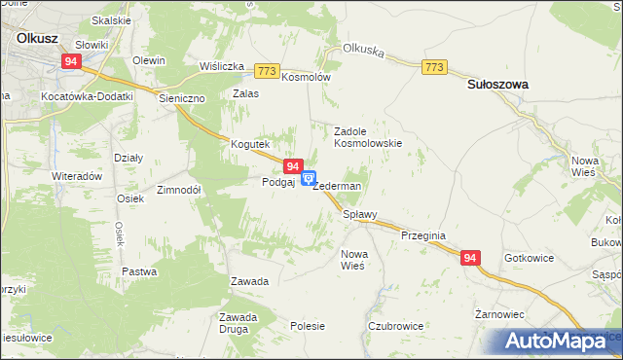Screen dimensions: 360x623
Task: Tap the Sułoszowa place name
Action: point(497,85)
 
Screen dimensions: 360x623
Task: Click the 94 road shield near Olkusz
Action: point(70,61)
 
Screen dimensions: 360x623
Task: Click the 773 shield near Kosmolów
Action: point(268,71)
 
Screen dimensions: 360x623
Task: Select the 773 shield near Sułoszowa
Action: point(434,66)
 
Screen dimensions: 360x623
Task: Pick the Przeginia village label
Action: point(423,234)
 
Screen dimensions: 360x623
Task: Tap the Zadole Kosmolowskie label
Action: point(368,136)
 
